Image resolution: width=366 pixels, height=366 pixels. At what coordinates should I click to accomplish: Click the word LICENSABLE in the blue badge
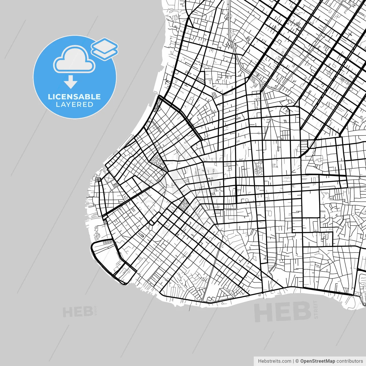pyautogui.click(x=74, y=97)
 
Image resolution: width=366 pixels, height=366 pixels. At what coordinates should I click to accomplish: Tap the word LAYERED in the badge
pyautogui.click(x=74, y=105)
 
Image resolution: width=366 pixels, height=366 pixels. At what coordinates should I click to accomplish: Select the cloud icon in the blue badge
pyautogui.click(x=74, y=59)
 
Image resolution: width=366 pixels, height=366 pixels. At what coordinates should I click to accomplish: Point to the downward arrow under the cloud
pyautogui.click(x=71, y=82)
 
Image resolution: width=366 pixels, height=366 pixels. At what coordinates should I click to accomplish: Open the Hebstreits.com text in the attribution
pyautogui.click(x=274, y=361)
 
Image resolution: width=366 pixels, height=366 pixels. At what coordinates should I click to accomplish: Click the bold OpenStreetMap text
pyautogui.click(x=317, y=361)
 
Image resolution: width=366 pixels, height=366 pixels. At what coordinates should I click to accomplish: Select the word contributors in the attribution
pyautogui.click(x=349, y=361)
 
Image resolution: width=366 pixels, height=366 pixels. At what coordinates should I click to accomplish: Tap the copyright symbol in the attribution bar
pyautogui.click(x=297, y=361)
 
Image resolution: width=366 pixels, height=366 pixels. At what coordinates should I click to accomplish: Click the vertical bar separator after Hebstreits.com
pyautogui.click(x=293, y=361)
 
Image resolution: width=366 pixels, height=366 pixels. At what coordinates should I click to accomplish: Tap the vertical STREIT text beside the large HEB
pyautogui.click(x=316, y=309)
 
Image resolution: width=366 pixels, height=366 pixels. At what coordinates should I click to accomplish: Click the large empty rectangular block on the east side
pyautogui.click(x=310, y=204)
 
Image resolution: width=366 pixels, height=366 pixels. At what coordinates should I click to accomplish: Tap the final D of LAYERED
pyautogui.click(x=90, y=105)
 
